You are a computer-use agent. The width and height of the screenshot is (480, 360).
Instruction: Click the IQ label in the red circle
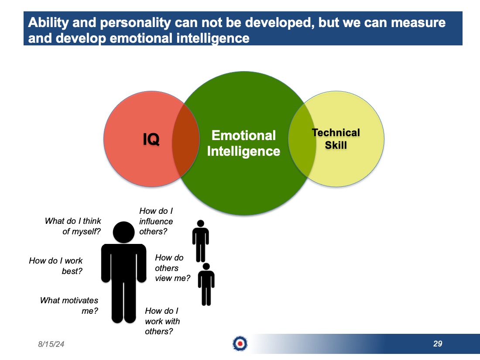pos(151,139)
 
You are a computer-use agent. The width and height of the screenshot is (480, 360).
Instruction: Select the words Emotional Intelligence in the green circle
pos(243,143)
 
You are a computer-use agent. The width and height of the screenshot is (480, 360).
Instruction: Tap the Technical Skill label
pos(336,139)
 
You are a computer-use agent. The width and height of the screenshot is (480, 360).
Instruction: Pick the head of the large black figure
pos(123,232)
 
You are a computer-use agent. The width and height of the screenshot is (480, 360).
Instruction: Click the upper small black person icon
pos(201,241)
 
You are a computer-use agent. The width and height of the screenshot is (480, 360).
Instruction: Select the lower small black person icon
pos(206,284)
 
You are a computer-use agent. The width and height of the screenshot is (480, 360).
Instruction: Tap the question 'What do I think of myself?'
pos(73,226)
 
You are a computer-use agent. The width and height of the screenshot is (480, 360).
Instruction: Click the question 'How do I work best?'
pos(56,266)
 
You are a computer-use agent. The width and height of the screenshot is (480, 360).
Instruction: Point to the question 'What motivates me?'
pos(69,305)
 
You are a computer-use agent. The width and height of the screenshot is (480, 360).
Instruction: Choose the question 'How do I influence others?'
pos(156,221)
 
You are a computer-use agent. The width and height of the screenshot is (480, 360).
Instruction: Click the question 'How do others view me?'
pos(172,268)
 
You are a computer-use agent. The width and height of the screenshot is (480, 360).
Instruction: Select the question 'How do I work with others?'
pos(162,321)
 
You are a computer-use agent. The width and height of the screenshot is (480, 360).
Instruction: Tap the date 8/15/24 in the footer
pos(51,344)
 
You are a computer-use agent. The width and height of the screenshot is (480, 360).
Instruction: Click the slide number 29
pos(438,343)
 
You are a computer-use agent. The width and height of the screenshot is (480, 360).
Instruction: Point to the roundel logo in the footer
pos(240,343)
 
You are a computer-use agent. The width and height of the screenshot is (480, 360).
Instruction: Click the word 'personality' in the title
pos(135,23)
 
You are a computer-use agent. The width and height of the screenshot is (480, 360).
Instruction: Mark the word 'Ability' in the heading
pos(48,23)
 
